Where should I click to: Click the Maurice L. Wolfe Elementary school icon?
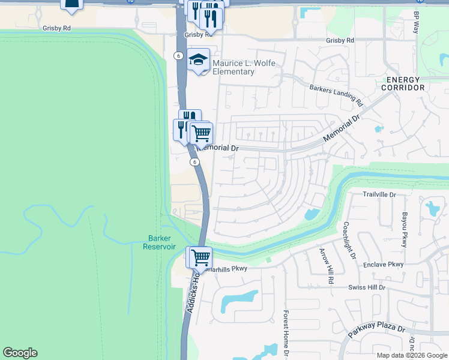click(x=199, y=60)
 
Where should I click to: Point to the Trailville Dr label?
click(x=379, y=194)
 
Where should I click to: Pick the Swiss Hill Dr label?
click(x=370, y=288)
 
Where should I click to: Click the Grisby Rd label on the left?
click(x=56, y=28)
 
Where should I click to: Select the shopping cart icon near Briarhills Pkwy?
click(x=200, y=258)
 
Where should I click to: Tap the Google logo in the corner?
click(x=20, y=353)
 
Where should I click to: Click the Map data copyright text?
click(x=411, y=355)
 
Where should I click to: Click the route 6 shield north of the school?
click(x=178, y=55)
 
